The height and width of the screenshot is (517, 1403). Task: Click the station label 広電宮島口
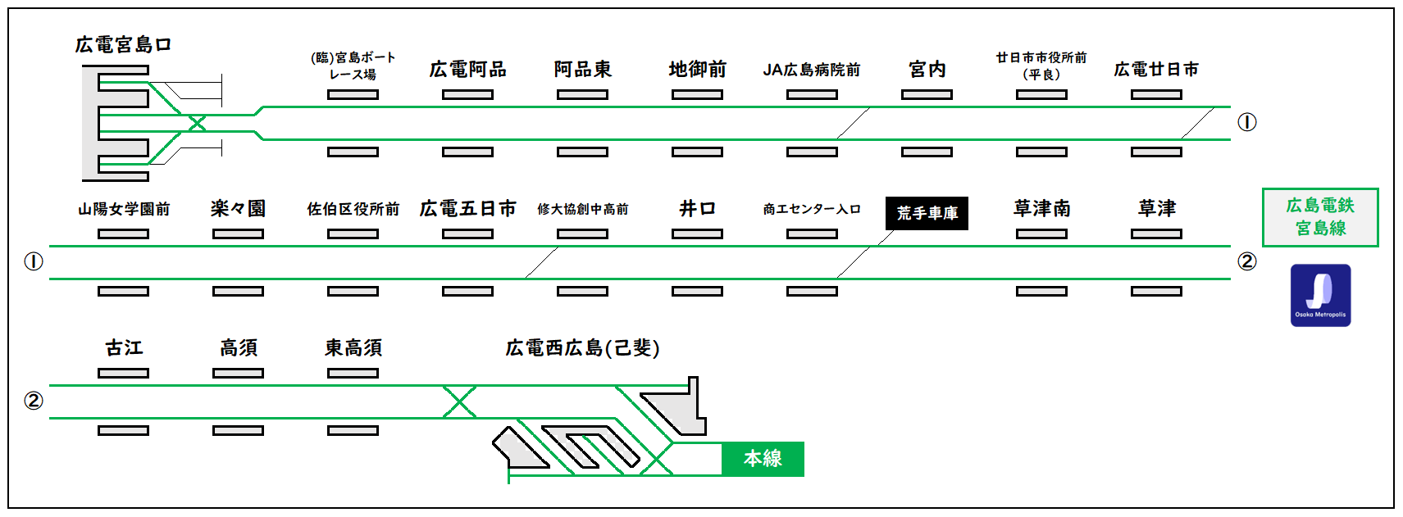tap(123, 45)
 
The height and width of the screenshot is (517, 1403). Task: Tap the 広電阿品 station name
tap(467, 70)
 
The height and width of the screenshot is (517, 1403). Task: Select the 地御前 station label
tap(697, 70)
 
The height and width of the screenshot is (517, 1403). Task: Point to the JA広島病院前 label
tap(812, 70)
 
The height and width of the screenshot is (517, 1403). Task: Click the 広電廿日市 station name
tap(1156, 70)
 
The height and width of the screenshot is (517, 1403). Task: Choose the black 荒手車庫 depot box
tap(927, 213)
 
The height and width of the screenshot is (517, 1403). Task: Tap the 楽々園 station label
tap(238, 209)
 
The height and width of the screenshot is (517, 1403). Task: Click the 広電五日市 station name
tap(467, 209)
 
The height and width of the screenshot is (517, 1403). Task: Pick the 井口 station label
tap(697, 209)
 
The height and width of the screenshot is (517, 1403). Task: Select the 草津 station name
tap(1156, 209)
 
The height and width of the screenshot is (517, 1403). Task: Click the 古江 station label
tap(124, 348)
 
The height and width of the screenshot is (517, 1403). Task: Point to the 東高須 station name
tap(353, 348)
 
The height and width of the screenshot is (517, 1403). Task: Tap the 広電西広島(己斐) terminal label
tap(582, 348)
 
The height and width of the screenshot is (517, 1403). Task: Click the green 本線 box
tap(763, 459)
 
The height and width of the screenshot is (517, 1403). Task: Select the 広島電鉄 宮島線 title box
tap(1320, 217)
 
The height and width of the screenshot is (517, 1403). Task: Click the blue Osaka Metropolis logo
tap(1320, 295)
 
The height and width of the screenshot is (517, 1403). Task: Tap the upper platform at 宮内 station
tap(927, 95)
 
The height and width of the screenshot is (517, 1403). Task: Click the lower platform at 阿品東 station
tap(582, 152)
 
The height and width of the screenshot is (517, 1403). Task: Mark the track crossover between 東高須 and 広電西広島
tap(459, 401)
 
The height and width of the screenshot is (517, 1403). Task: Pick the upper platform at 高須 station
tap(238, 374)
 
